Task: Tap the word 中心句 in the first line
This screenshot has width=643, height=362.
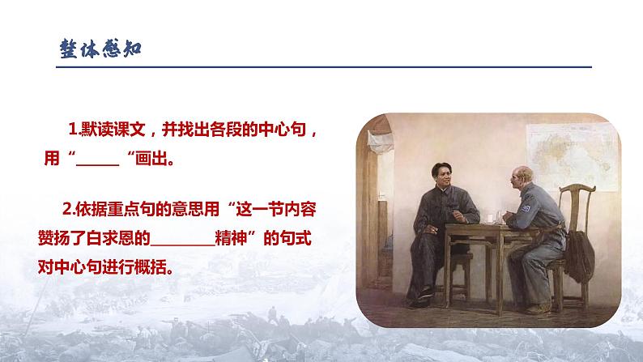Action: pyautogui.click(x=282, y=130)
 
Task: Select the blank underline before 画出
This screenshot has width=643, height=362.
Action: pyautogui.click(x=96, y=160)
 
